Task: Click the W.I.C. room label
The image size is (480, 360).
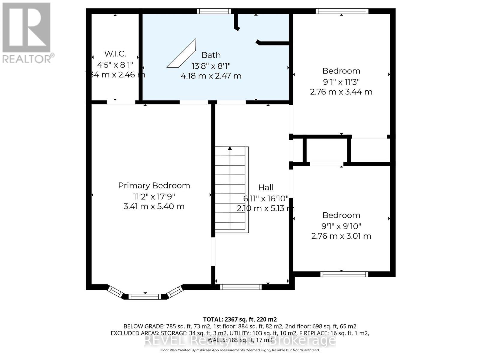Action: [115, 54]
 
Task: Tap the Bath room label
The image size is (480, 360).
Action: [211, 55]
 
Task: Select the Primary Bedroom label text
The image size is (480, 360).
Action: [154, 185]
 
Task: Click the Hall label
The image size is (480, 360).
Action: [266, 187]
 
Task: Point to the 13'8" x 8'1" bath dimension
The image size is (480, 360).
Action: [211, 66]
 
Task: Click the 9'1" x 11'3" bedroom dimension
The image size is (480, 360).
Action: [341, 82]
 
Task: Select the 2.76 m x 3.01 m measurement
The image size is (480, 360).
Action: [341, 236]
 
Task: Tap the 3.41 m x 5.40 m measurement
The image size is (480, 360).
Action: [154, 206]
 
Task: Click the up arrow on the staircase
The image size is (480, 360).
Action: [230, 148]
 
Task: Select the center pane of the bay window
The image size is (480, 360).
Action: [145, 297]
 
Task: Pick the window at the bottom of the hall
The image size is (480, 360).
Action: [241, 287]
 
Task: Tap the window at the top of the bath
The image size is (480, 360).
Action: [214, 11]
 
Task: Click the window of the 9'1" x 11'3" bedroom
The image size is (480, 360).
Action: [342, 11]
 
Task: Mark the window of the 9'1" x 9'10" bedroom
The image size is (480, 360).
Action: [344, 274]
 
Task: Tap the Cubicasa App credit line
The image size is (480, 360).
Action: [240, 350]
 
